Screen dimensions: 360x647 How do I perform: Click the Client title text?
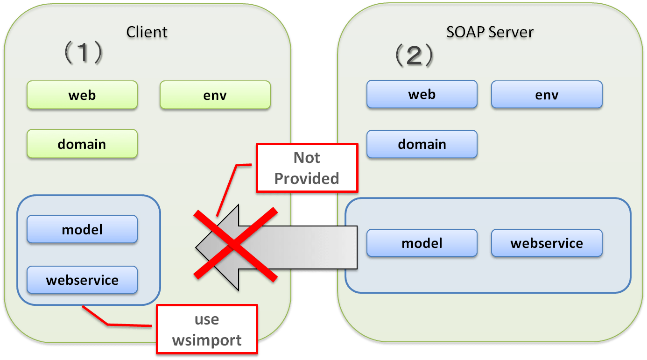147,32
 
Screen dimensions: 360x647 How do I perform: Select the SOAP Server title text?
490,32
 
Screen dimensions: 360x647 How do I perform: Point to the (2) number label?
415,56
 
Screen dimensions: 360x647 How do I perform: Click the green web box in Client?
82,95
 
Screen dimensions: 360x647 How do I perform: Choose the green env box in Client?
215,95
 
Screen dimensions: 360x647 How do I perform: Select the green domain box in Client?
82,144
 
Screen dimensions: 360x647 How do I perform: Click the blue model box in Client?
82,230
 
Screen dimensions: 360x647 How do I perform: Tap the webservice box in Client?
82,280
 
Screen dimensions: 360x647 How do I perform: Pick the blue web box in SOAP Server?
422,95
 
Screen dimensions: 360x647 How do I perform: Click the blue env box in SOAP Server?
547,95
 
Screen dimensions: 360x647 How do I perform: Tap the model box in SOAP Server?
422,243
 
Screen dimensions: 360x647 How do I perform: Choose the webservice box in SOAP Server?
547,243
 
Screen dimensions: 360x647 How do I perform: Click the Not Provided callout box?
307,168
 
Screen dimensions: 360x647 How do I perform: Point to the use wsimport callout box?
207,330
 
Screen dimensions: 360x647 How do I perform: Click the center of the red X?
236,245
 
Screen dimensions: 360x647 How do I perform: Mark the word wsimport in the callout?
207,340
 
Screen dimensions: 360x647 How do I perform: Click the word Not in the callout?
307,158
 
